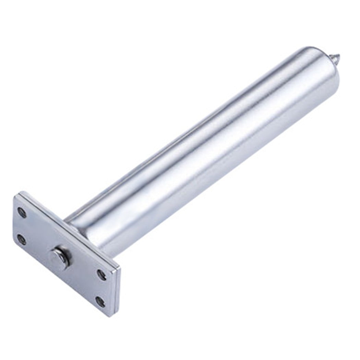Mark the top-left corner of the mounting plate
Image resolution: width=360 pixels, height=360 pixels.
click(16, 194)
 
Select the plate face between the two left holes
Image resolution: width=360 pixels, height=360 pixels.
click(22, 225)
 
